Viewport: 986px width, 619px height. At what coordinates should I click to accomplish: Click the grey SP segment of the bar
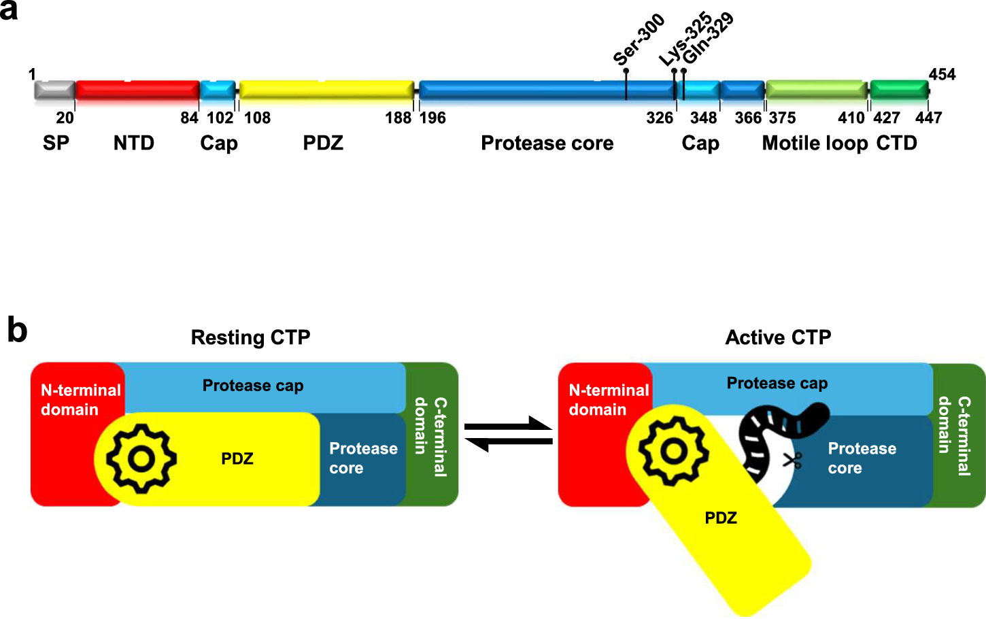55,90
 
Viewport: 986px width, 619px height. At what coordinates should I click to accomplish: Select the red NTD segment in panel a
137,90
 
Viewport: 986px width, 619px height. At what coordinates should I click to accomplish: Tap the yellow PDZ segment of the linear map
326,90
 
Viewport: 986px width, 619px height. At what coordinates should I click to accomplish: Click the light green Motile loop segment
817,90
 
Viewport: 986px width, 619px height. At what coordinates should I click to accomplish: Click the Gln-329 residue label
709,38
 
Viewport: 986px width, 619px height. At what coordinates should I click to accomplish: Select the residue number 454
942,74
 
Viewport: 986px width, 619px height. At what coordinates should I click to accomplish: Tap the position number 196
432,118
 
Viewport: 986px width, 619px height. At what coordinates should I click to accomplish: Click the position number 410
851,118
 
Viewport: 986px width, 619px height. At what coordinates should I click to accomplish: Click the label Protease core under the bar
547,144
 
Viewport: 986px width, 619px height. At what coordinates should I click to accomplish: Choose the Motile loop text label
815,144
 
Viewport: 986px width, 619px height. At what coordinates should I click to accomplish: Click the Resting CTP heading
250,337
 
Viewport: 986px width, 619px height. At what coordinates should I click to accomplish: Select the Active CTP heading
778,337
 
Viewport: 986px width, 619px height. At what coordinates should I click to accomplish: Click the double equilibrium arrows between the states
508,434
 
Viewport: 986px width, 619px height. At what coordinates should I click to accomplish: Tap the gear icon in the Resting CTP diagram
141,458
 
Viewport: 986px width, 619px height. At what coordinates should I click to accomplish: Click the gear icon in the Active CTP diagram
673,452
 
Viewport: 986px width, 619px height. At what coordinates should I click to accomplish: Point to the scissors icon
792,461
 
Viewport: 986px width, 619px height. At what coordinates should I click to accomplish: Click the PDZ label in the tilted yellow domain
721,518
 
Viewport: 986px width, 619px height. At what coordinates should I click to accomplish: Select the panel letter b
17,330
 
